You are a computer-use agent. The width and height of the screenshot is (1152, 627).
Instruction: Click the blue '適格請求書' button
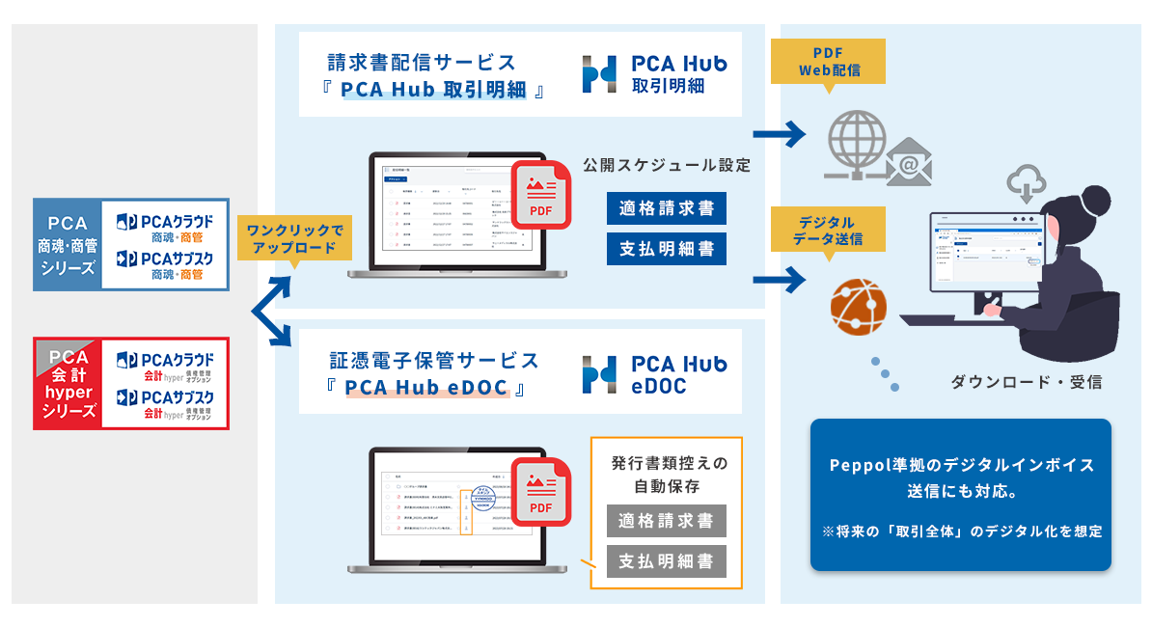pos(667,208)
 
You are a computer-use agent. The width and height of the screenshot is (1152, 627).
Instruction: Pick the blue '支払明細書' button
pos(667,249)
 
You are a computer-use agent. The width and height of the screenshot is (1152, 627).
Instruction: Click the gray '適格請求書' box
pos(667,521)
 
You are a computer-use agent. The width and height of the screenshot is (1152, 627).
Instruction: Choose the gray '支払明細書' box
pos(667,560)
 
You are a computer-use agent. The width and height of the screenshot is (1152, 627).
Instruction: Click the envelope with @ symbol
pos(907,162)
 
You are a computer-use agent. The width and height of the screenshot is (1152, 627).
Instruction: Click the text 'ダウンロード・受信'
pos(1027,382)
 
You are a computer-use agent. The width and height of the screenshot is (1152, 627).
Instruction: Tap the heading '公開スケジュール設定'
pos(667,165)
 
